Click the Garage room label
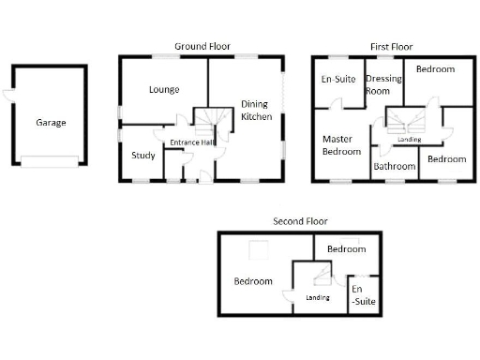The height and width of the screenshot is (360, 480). pyautogui.click(x=51, y=122)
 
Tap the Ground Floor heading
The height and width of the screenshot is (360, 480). pyautogui.click(x=202, y=46)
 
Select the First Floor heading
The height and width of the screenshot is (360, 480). pyautogui.click(x=391, y=46)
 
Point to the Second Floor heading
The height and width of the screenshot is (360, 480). pyautogui.click(x=301, y=221)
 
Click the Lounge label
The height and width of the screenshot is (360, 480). pyautogui.click(x=164, y=90)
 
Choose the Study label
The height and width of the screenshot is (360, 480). pyautogui.click(x=143, y=156)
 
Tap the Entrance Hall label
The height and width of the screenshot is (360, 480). pyautogui.click(x=193, y=142)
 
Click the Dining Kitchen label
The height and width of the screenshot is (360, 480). pyautogui.click(x=256, y=111)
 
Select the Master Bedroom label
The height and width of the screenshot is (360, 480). pyautogui.click(x=337, y=145)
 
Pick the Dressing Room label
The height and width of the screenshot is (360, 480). pyautogui.click(x=383, y=85)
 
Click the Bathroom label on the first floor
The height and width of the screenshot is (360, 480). pyautogui.click(x=394, y=167)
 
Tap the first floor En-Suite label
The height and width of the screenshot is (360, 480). pyautogui.click(x=338, y=80)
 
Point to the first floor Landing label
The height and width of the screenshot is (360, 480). pyautogui.click(x=409, y=140)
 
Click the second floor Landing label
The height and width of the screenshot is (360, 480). pyautogui.click(x=319, y=298)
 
